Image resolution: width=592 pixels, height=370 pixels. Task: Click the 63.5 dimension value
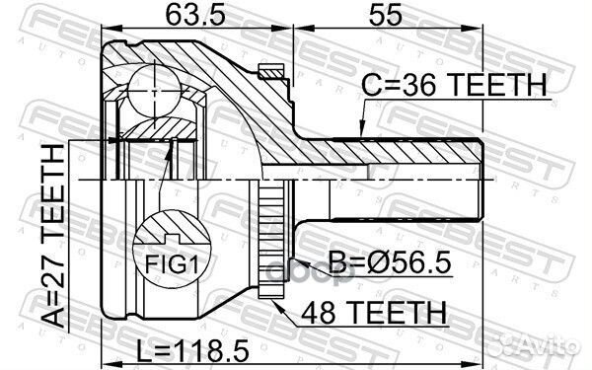pos(195,16)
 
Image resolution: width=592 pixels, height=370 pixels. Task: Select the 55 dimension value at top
pos(386,16)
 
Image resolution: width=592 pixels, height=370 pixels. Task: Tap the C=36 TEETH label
pos(454,85)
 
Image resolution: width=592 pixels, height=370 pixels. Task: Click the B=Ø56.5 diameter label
pos(390,262)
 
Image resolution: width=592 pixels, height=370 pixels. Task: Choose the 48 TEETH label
pos(374,313)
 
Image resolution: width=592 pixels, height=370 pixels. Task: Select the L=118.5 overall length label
pos(192,350)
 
